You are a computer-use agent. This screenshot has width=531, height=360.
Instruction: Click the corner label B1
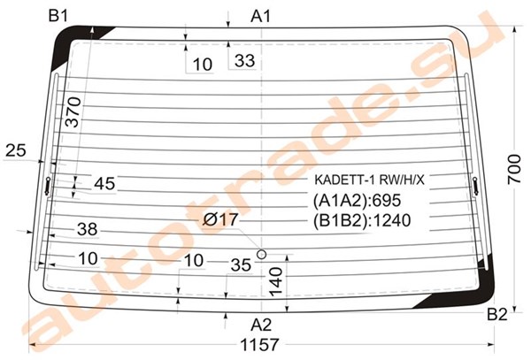[x=58, y=16]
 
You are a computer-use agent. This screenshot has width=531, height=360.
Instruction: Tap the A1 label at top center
[x=261, y=16]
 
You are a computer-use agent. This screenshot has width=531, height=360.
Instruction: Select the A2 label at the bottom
[x=261, y=326]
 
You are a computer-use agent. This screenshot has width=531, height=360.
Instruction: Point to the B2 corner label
[x=497, y=315]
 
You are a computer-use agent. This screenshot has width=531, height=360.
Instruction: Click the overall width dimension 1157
[x=259, y=345]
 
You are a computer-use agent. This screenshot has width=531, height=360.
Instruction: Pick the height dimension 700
[x=514, y=169]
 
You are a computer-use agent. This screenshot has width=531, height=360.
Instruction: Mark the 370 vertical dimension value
[x=73, y=112]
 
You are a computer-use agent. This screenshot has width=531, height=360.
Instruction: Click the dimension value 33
[x=244, y=61]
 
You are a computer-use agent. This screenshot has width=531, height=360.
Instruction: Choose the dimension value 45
[x=104, y=184]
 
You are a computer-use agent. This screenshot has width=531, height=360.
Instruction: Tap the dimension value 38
[x=88, y=229]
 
